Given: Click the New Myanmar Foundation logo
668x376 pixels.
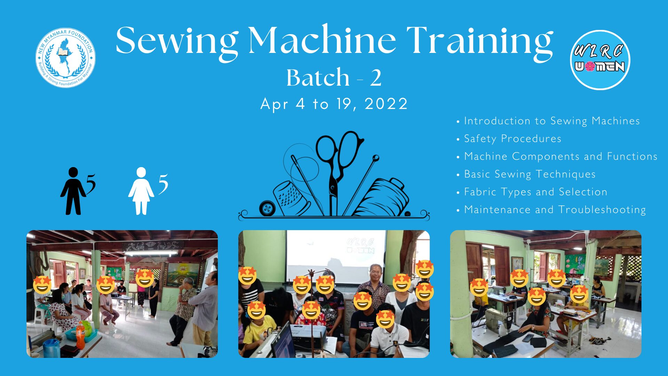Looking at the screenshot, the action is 66,58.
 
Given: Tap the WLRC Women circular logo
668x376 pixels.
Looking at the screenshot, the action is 600,60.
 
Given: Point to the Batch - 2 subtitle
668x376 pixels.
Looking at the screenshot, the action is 334,77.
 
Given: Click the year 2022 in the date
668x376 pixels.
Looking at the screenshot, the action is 386,104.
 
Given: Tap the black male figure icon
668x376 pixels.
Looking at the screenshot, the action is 73,191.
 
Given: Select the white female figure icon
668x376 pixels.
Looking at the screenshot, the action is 141,191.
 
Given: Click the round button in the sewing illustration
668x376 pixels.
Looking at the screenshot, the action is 267,209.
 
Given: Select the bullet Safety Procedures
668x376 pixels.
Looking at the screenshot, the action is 512,139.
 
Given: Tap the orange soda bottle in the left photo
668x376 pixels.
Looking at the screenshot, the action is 80,335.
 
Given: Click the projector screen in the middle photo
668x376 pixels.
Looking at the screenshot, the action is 336,256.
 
